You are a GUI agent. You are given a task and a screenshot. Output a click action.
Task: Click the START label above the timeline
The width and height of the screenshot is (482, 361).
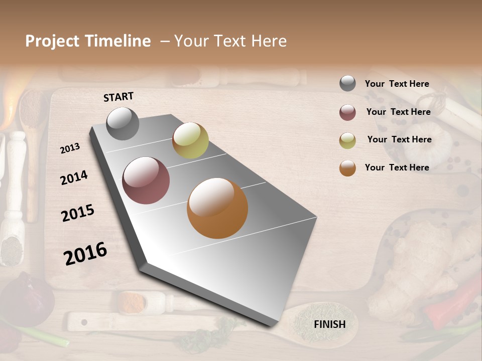click(118, 97)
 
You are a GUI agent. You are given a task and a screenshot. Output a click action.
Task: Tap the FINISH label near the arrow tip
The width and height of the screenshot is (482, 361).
click(329, 324)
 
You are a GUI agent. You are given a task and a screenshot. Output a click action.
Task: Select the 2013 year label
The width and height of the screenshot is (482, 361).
click(70, 148)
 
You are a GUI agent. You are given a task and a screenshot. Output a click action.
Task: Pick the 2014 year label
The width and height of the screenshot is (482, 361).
click(74, 177)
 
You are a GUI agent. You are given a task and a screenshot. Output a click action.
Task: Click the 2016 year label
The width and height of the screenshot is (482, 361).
click(85, 253)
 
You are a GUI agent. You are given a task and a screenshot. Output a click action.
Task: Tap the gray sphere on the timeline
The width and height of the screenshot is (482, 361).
click(123, 123)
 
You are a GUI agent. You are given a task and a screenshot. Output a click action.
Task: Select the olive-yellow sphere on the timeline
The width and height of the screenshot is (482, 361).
click(190, 140)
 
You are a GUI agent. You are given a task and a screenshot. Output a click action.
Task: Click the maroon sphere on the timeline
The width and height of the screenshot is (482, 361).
click(146, 180)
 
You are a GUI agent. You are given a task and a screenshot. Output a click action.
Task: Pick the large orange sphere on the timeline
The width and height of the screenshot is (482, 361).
click(217, 208)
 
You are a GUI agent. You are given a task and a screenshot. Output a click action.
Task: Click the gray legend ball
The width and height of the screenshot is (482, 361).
click(347, 84)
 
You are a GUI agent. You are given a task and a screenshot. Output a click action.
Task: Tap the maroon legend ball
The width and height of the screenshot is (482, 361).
click(347, 112)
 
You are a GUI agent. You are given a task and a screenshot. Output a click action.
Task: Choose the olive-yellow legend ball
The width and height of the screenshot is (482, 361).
click(347, 140)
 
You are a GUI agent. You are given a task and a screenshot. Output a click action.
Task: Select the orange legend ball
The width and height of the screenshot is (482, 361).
click(347, 168)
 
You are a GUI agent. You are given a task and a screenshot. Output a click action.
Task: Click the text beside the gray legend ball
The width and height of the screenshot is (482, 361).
click(397, 84)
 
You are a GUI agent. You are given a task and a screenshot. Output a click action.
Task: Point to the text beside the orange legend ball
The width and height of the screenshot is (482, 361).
click(397, 167)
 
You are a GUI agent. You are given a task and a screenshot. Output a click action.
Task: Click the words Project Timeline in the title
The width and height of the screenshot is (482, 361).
click(88, 41)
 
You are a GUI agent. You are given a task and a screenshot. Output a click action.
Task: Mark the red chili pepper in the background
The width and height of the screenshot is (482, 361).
click(446, 301)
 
